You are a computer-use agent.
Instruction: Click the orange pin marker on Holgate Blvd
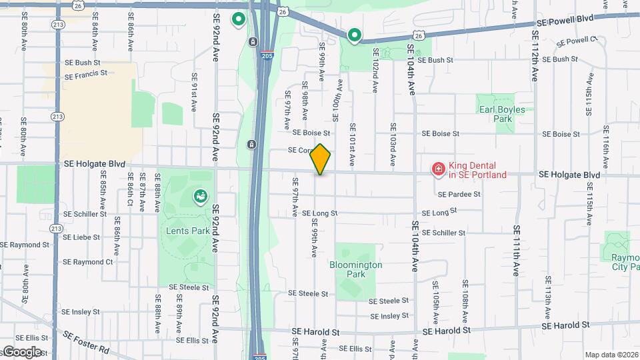pos(321,159)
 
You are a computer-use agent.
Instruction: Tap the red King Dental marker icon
pos(438,170)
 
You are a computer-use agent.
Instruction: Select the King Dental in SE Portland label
pos(477,171)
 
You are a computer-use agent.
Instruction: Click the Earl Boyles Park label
pos(501,114)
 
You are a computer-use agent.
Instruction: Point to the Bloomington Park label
pos(356,269)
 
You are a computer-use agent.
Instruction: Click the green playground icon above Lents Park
pos(199,196)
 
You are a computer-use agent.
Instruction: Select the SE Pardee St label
pos(459,195)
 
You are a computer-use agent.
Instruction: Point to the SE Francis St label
pos(85,77)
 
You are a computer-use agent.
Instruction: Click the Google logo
pos(22,352)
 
